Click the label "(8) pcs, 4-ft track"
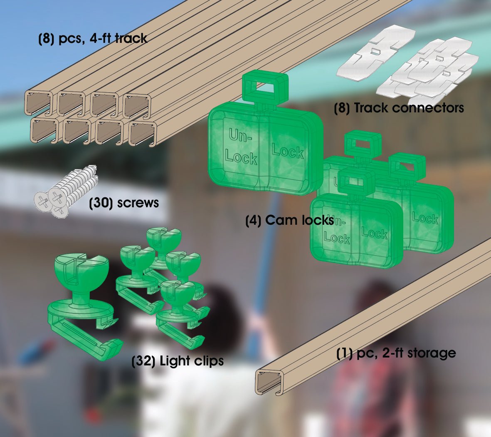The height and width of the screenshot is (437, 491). point(93,39)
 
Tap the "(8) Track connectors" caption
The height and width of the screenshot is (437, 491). point(399,108)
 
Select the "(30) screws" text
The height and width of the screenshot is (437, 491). point(124,203)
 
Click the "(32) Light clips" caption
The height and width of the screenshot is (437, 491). point(178,361)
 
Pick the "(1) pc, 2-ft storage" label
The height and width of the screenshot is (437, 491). point(396,353)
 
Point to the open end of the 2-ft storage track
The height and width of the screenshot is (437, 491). point(270,382)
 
